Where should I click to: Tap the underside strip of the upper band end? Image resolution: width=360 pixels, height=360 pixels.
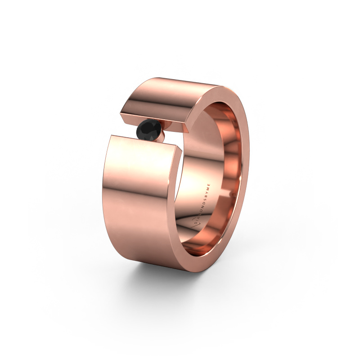pos(157,124)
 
